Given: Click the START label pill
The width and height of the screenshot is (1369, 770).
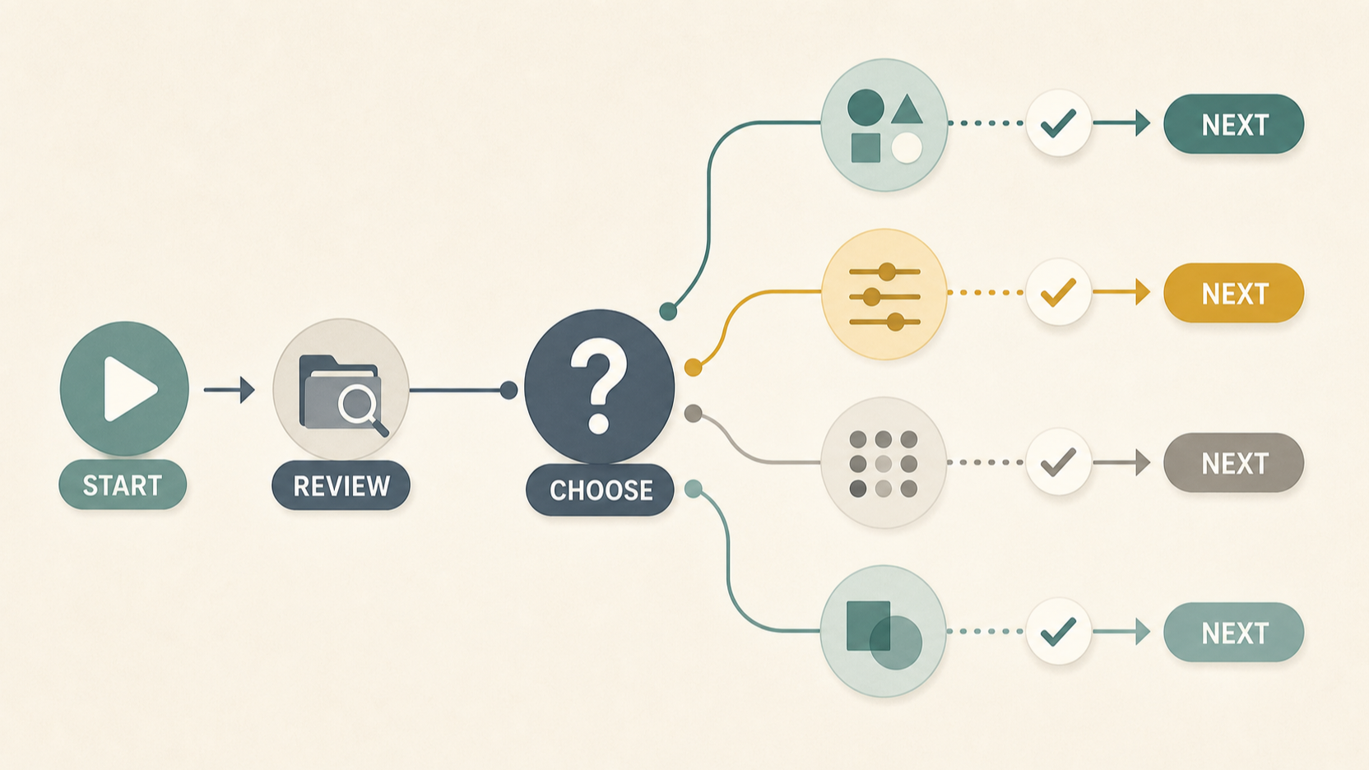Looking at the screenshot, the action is tap(123, 485).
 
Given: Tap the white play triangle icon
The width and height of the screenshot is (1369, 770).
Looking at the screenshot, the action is tap(128, 389).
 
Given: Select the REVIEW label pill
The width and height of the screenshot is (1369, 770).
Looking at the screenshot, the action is tap(341, 486).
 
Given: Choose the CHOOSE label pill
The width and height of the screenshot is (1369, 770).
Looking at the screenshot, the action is tap(600, 490).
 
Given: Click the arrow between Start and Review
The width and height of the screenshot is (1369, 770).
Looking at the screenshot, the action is tap(230, 389).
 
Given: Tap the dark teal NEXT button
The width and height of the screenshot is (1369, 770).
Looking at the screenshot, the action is tap(1234, 124).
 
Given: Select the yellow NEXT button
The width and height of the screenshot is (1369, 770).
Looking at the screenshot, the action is tap(1234, 294).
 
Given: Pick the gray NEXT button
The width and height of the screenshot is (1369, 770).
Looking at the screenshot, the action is tap(1234, 462).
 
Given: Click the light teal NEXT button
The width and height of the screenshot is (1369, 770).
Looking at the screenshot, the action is tap(1234, 633).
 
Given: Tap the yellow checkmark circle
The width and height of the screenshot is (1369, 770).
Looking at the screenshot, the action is tap(1059, 292).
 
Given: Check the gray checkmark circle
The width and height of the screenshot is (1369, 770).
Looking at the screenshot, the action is tap(1059, 462).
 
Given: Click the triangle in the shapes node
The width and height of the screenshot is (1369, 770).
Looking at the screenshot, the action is tap(907, 110).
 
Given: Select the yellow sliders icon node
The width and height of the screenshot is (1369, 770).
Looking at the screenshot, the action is tap(884, 294).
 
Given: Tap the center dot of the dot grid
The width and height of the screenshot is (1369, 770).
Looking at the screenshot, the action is tap(884, 464).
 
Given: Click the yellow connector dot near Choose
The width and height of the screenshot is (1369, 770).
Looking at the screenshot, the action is tap(693, 367).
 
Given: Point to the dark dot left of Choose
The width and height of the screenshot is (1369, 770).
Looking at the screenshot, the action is tap(508, 390).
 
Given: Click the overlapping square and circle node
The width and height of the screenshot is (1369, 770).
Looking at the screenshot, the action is tap(883, 631).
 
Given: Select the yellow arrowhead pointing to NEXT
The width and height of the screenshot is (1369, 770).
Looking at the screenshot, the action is tap(1143, 292).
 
